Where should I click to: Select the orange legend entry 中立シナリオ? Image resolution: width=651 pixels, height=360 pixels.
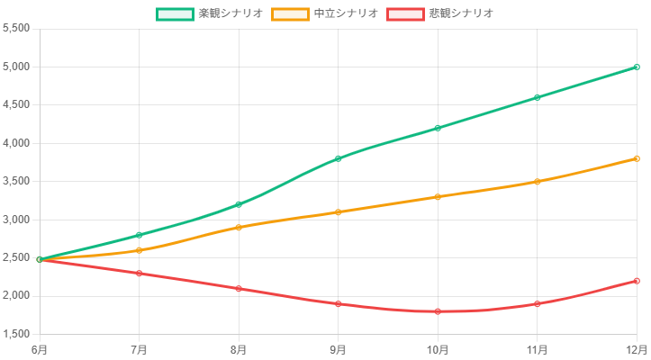(325, 13)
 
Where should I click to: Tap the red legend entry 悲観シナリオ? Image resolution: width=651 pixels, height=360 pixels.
(440, 13)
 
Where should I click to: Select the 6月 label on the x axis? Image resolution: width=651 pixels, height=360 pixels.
(40, 348)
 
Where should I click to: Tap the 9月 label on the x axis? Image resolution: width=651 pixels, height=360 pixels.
(339, 348)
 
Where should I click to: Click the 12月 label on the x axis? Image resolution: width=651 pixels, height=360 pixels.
(637, 348)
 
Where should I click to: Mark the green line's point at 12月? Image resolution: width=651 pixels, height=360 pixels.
(637, 67)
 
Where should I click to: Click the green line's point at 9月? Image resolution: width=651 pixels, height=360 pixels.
(339, 158)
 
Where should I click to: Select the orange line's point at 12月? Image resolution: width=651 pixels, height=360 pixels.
(637, 158)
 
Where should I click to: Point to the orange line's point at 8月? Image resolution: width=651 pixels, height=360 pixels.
(239, 227)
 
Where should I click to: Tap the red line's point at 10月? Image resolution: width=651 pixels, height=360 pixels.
(438, 311)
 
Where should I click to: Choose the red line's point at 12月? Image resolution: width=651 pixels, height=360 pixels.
(637, 281)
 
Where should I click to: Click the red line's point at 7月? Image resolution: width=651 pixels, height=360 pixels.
(140, 273)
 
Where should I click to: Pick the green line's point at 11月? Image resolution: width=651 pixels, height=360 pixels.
(538, 97)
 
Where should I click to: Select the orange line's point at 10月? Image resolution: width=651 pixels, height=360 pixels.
(438, 196)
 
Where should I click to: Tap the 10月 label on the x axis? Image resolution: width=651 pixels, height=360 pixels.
(438, 348)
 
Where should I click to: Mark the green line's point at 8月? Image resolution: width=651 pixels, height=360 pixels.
(239, 204)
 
